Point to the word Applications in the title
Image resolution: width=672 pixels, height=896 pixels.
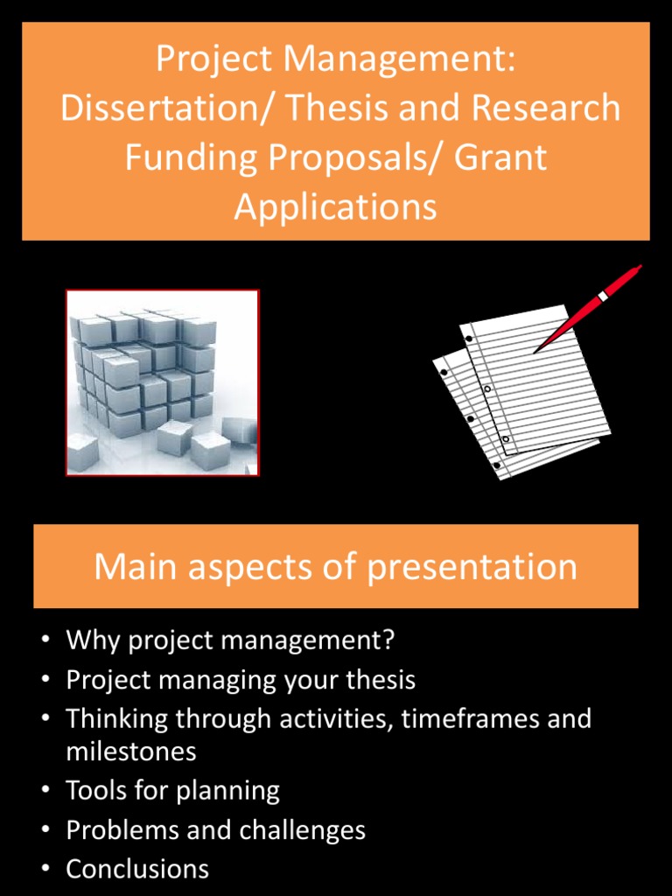tap(335, 207)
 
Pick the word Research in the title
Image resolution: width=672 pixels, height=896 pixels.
tap(545, 109)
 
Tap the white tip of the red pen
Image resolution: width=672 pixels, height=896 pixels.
tap(603, 297)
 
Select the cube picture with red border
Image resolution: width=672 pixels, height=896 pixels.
tap(163, 382)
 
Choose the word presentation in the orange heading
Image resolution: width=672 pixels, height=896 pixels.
tap(472, 567)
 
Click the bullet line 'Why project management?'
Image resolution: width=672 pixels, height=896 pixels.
tap(230, 640)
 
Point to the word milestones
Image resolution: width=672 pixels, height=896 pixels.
tap(131, 752)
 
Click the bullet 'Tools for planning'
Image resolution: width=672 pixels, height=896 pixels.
tap(172, 791)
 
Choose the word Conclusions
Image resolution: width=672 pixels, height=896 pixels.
tap(137, 869)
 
